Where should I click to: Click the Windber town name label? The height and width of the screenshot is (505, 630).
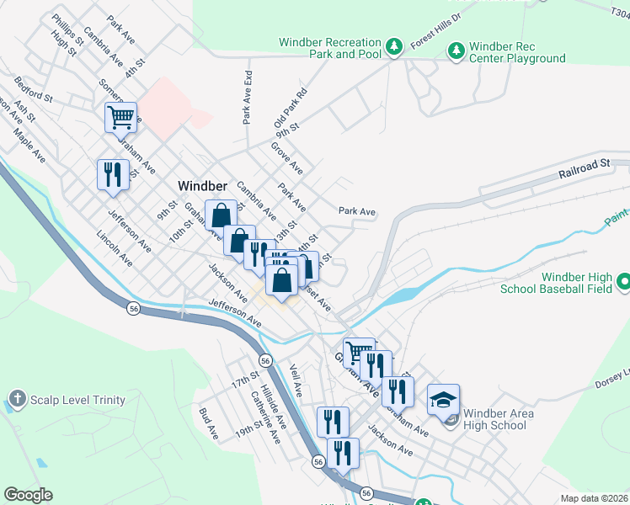[x=203, y=185]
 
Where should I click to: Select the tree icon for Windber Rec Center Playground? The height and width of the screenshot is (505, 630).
[x=456, y=51]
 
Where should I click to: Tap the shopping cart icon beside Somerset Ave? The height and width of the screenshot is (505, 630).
[x=121, y=118]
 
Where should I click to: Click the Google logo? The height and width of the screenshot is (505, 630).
[x=28, y=494]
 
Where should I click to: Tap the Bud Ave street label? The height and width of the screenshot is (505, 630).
[x=208, y=423]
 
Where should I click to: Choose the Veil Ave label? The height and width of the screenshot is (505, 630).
[x=295, y=381]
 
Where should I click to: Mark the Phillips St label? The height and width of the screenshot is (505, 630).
[x=67, y=29]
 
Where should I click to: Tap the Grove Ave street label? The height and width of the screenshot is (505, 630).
[x=286, y=158]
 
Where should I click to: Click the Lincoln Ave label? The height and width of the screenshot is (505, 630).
[x=115, y=250]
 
